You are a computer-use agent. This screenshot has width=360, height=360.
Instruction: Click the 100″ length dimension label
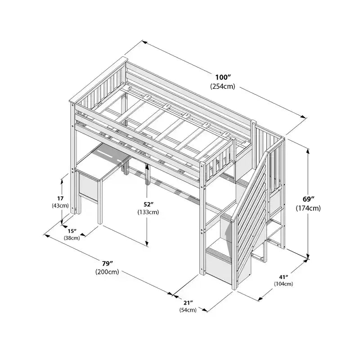223,77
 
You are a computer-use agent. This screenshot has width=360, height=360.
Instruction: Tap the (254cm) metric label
223,86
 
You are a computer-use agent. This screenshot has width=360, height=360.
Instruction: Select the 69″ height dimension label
308,198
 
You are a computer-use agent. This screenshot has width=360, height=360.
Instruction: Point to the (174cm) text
308,208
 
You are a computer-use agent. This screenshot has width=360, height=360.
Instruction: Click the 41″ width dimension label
283,277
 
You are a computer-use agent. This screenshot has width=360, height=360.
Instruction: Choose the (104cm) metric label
283,284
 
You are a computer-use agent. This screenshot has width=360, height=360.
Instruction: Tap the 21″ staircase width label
188,302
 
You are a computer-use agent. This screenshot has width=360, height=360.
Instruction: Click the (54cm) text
188,310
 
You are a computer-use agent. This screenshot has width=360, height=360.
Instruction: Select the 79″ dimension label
108,263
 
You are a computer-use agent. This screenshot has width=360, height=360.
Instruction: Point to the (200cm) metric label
107,272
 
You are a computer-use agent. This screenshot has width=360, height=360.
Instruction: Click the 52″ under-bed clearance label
148,204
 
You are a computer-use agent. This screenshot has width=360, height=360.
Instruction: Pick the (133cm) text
148,212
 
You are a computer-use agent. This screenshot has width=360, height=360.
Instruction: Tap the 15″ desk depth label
72,231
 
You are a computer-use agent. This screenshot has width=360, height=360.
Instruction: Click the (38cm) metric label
72,238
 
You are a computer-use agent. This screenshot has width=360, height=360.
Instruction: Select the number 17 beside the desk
60,198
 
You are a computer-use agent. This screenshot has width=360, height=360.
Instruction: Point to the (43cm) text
60,206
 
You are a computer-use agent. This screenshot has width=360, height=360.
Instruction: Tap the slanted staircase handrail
249,186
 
